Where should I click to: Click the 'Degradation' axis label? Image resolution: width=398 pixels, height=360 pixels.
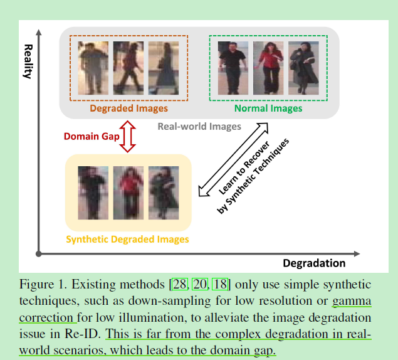click(314, 263)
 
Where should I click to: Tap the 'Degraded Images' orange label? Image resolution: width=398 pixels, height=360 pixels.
click(129, 108)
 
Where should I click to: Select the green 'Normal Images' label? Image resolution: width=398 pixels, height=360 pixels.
click(268, 108)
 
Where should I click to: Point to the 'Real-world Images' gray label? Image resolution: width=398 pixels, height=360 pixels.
click(199, 126)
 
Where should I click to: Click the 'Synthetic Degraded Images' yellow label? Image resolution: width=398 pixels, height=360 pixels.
click(127, 239)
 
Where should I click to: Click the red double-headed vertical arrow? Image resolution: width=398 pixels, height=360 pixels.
click(128, 137)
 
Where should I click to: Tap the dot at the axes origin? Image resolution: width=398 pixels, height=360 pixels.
click(39, 253)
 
